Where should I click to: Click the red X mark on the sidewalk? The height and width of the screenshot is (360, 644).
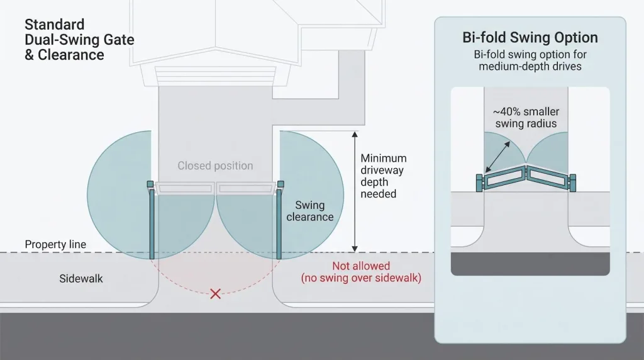pos(215,293)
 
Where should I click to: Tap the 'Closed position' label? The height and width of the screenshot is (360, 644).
pos(215,166)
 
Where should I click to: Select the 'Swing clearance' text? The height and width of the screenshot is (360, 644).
pos(310,211)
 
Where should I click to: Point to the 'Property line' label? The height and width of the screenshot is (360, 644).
pos(55,244)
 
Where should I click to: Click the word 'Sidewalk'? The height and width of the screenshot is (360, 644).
pos(81,279)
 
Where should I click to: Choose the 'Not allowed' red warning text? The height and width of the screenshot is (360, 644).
pos(361,266)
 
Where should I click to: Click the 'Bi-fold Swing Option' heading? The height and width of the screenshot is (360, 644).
pos(530,37)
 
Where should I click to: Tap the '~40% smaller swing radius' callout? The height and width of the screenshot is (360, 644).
pos(526,118)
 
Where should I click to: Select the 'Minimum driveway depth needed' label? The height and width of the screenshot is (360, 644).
pos(384,176)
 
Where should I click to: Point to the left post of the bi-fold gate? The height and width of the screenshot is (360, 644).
pos(479,183)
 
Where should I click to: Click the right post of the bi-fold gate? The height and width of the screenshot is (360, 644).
pos(572,183)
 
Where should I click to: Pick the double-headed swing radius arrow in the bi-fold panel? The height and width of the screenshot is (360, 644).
pos(498,157)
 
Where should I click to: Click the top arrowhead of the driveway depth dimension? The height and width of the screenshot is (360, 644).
pos(355,134)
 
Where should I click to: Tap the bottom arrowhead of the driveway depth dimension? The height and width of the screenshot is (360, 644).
pos(355,249)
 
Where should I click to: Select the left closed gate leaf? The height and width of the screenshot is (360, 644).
pos(184,188)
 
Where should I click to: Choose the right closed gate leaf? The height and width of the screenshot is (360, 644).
pos(247,188)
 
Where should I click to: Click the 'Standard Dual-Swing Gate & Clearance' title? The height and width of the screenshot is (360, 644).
pos(79,40)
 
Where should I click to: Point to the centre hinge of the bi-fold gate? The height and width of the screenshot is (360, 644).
pos(526,172)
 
